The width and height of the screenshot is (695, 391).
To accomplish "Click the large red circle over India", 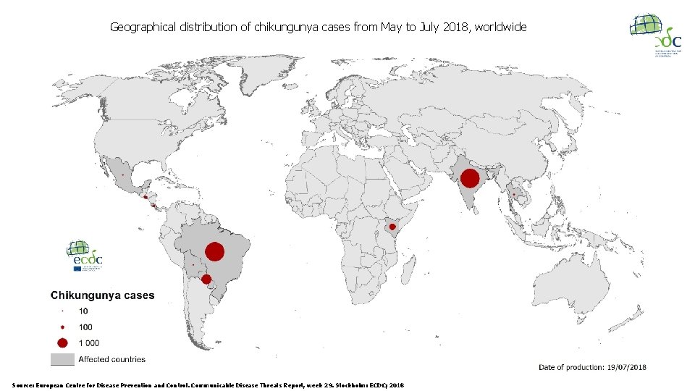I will point(470,178).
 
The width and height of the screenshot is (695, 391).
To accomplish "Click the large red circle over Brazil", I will point(214,251).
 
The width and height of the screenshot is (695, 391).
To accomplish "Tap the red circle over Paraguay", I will point(206,279).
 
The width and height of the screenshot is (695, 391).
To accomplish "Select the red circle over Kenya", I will point(392,227).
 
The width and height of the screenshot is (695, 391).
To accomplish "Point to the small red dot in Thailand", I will point(514,194).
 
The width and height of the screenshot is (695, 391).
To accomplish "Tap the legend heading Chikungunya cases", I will point(102,295).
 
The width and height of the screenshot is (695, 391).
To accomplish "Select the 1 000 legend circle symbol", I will point(63,342).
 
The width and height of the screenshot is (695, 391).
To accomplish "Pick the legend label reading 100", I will point(85,327).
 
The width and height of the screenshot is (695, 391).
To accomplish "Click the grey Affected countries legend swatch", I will point(62,359).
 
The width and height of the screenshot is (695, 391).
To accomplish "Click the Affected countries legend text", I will point(111,359).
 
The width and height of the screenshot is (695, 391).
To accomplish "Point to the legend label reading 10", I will point(83,311).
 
